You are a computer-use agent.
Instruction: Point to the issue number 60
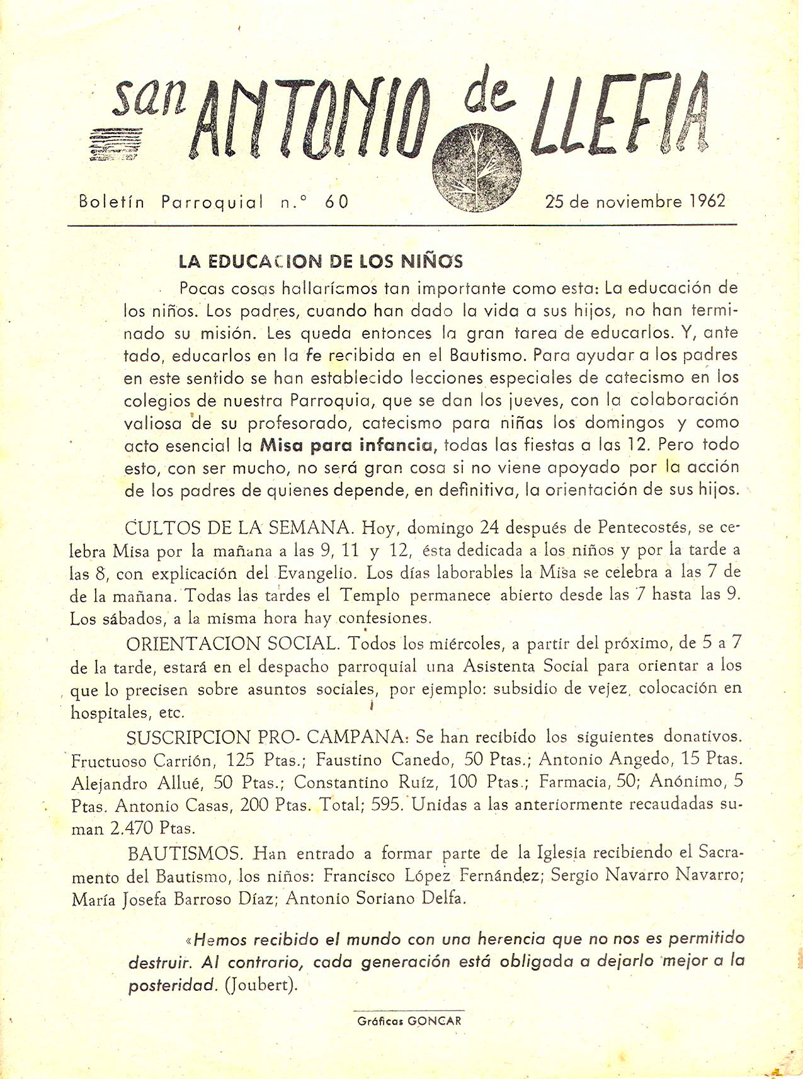click(336, 202)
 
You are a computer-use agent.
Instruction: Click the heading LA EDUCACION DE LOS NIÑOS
click(321, 261)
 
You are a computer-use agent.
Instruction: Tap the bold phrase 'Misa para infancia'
click(347, 445)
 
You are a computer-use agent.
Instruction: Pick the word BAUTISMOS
click(185, 853)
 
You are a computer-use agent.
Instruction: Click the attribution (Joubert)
click(261, 985)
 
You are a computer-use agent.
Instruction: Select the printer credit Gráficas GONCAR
click(409, 1021)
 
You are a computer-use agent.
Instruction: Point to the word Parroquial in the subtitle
click(212, 202)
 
